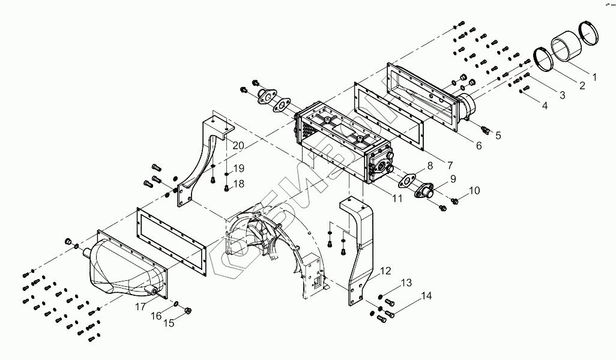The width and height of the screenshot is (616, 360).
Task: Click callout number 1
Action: [594, 77]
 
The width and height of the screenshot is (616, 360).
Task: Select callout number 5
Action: [498, 136]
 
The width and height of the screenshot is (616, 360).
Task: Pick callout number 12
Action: [385, 270]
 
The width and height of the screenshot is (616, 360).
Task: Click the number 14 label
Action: [426, 296]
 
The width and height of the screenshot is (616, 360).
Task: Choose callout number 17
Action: [139, 307]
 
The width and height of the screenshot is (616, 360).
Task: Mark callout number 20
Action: [238, 146]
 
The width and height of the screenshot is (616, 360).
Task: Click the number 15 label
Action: [169, 323]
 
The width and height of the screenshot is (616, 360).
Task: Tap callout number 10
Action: [474, 191]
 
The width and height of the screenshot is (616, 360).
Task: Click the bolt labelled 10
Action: [455, 199]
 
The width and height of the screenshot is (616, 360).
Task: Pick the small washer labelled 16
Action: [175, 304]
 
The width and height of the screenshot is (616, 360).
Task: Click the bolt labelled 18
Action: [226, 188]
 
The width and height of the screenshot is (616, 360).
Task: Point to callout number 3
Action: [562, 95]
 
